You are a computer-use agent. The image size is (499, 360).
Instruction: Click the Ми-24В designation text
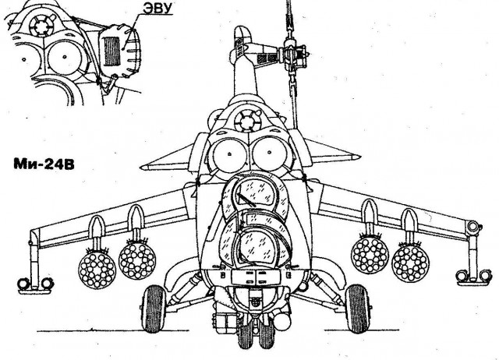(x=44, y=166)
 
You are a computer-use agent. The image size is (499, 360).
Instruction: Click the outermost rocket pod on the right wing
(x=412, y=263)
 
